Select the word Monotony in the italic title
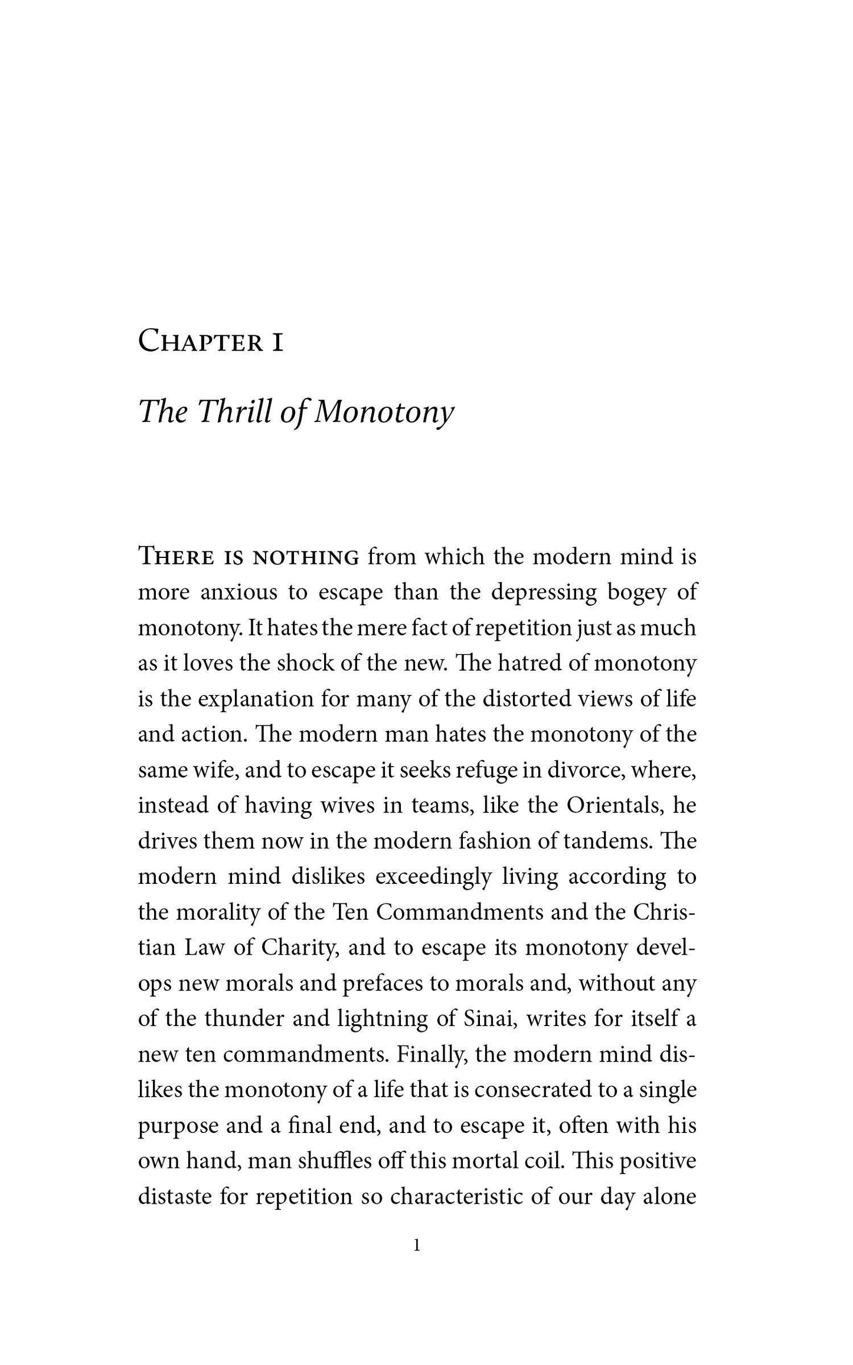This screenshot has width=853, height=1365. tap(384, 412)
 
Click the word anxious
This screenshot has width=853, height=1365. tap(239, 593)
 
